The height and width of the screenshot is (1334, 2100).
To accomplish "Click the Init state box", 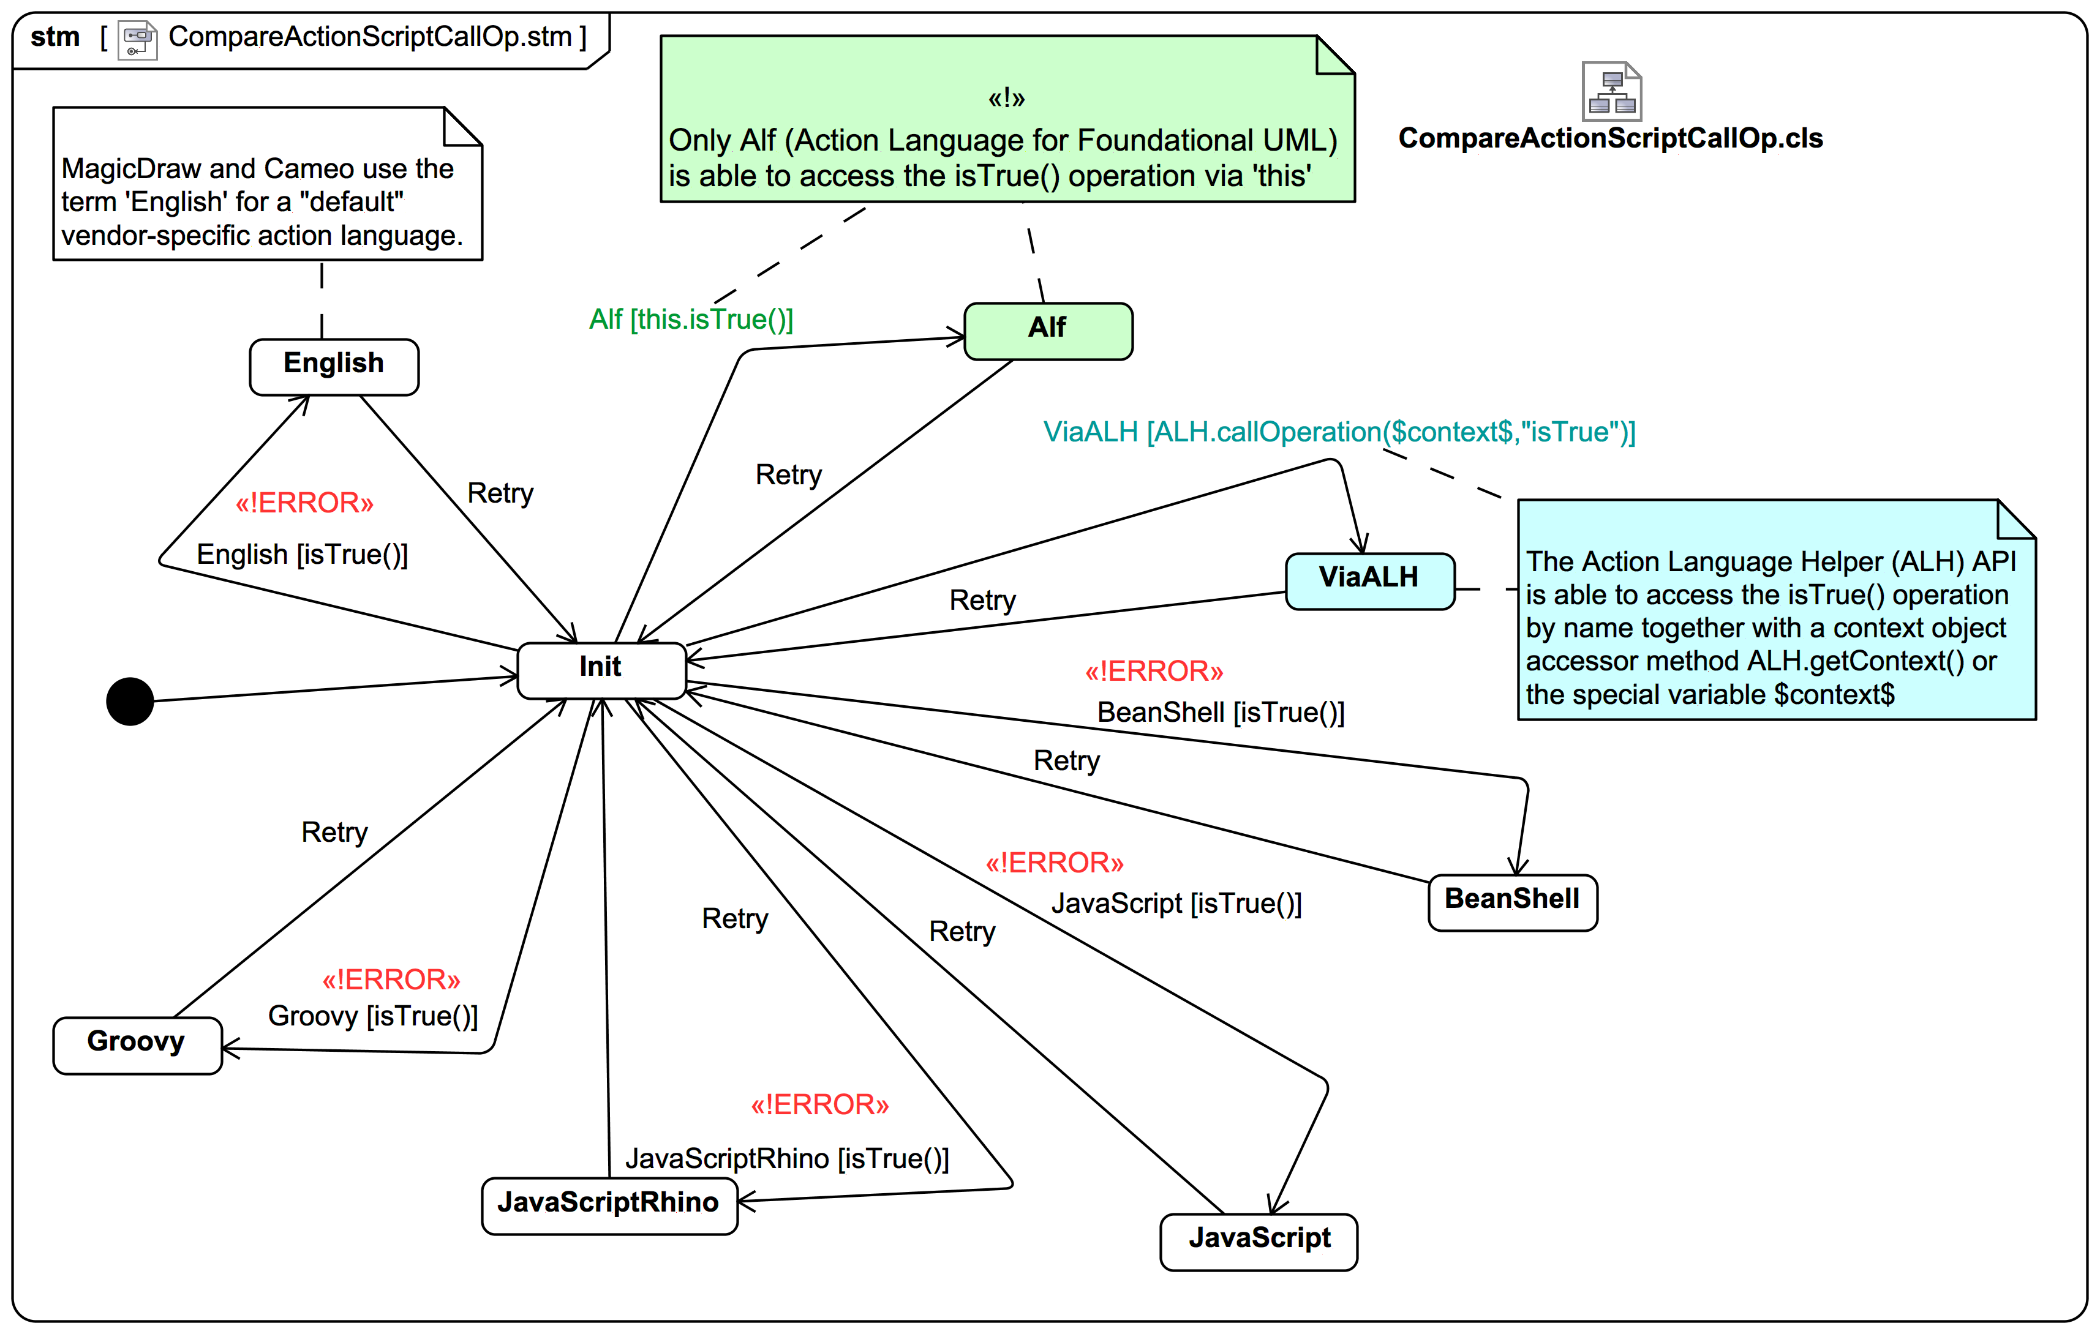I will (x=601, y=670).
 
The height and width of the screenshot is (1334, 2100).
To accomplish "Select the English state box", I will (x=334, y=366).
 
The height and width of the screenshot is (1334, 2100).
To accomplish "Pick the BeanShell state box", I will (x=1512, y=902).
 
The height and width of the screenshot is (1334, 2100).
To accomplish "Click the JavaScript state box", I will (x=1259, y=1241).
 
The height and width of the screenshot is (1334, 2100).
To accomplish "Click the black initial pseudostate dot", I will (x=130, y=701).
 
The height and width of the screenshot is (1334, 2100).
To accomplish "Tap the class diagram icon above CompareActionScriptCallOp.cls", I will (x=1612, y=92).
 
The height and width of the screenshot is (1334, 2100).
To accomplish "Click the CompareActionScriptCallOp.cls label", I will (x=1610, y=138).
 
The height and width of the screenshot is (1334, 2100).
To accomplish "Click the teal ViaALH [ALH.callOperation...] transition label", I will (x=1339, y=432).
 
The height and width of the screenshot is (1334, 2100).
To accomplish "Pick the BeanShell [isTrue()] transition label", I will (x=1220, y=713).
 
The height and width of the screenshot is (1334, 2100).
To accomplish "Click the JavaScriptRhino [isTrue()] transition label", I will (x=786, y=1159).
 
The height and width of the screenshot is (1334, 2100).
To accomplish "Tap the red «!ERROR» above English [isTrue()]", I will (x=304, y=503).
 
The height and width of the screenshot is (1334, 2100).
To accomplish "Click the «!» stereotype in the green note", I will (x=1006, y=99).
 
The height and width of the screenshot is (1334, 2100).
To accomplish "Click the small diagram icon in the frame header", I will (x=138, y=39).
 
